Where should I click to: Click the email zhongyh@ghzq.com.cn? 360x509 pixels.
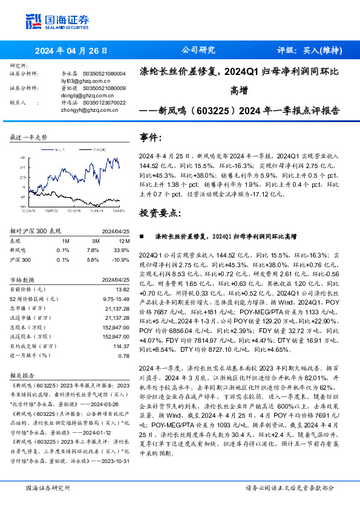click(76, 110)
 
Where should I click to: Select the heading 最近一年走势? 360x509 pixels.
click(29, 138)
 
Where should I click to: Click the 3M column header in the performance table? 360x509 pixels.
click(93, 240)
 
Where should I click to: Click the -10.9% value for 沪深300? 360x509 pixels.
click(121, 259)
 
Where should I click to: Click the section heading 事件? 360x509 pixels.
click(151, 137)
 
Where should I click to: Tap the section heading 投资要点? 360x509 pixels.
click(160, 213)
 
